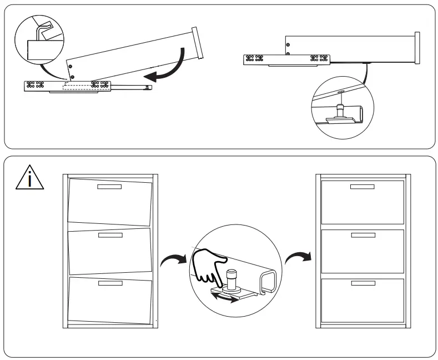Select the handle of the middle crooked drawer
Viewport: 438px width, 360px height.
pyautogui.click(x=109, y=236)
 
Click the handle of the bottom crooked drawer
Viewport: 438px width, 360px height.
pyautogui.click(x=109, y=283)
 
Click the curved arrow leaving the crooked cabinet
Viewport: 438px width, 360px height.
pyautogui.click(x=170, y=259)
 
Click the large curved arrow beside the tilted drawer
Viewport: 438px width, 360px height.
pyautogui.click(x=169, y=67)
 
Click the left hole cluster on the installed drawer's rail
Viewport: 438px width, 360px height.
pyautogui.click(x=257, y=58)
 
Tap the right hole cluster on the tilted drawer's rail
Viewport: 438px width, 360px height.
pyautogui.click(x=100, y=85)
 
